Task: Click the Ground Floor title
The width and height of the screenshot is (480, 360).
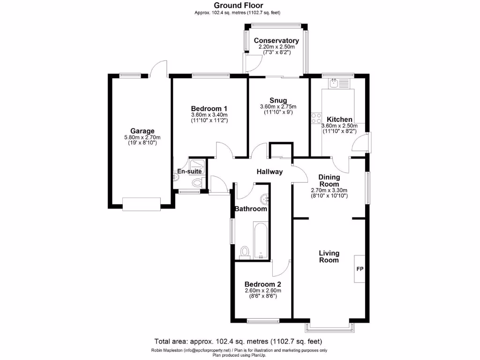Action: (x=240, y=6)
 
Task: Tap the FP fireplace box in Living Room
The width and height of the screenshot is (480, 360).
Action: (x=360, y=269)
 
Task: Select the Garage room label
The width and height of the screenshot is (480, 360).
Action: (x=142, y=131)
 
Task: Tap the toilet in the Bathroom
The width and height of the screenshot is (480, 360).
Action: (x=244, y=252)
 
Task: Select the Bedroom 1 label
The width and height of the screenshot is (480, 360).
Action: (x=209, y=108)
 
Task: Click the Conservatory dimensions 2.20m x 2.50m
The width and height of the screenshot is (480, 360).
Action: (x=276, y=47)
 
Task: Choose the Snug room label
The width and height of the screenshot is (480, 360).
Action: (x=278, y=100)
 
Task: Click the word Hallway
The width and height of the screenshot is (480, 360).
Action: (x=270, y=172)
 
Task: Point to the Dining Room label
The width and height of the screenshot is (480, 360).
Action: (x=329, y=180)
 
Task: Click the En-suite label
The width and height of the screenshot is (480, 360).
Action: (x=189, y=172)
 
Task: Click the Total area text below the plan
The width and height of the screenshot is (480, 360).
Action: (x=239, y=341)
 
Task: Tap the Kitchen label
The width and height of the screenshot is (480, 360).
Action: (x=339, y=120)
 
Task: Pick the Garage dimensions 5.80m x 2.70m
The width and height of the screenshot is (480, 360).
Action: (x=142, y=137)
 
